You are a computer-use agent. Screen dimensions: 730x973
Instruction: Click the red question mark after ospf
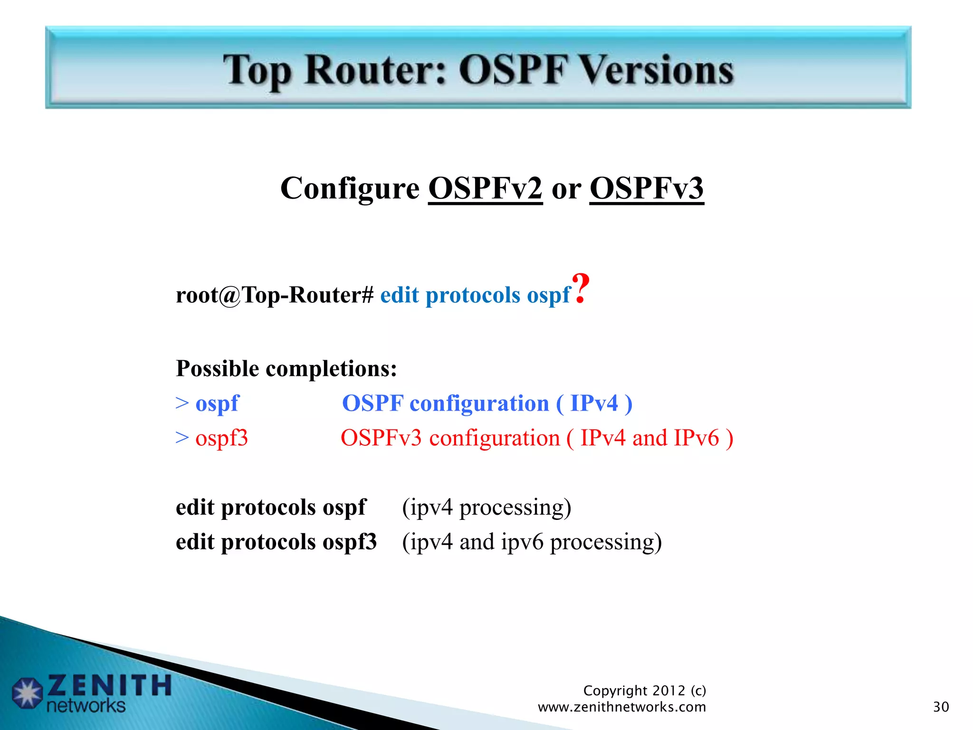click(x=581, y=288)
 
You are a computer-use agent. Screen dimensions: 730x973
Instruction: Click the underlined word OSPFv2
click(x=485, y=188)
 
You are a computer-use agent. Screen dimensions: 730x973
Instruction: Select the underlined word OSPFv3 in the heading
click(x=646, y=188)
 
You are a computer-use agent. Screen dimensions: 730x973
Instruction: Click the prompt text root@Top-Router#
click(x=275, y=295)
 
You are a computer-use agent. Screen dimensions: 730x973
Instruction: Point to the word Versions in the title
click(x=658, y=70)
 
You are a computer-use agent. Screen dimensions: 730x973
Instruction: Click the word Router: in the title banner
click(x=375, y=70)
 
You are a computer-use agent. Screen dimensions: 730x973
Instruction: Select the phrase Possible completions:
click(x=286, y=368)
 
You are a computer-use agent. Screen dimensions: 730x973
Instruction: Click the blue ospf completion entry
click(x=217, y=403)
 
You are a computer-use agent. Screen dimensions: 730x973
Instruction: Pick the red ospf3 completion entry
click(x=221, y=438)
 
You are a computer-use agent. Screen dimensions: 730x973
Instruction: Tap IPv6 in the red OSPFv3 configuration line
click(x=696, y=438)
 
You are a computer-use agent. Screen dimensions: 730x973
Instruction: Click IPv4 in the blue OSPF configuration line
click(x=594, y=403)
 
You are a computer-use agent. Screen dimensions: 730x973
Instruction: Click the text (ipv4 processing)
click(x=486, y=508)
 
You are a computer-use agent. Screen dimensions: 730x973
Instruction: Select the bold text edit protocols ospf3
click(x=276, y=542)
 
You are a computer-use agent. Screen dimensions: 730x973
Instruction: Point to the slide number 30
click(x=941, y=707)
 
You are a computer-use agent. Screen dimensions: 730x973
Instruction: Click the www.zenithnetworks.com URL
click(x=621, y=707)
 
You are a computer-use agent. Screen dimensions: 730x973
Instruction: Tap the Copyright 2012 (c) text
click(x=644, y=690)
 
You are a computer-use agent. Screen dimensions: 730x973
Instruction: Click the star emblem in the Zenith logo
click(x=28, y=693)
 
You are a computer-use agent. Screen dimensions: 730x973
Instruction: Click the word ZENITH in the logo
click(x=109, y=686)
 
